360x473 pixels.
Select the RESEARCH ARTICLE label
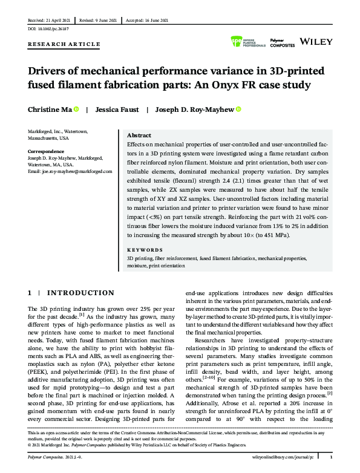click(x=64, y=44)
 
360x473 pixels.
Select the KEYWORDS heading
click(x=145, y=250)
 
